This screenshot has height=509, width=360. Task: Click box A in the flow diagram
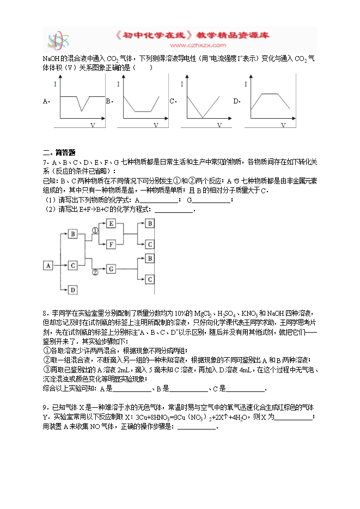point(48,265)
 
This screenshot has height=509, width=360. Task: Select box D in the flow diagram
point(74,290)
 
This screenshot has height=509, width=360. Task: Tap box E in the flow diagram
point(111,223)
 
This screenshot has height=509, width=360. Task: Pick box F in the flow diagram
point(111,244)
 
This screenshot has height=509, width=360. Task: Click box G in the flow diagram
point(111,268)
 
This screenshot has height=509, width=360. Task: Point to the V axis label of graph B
point(156,126)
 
